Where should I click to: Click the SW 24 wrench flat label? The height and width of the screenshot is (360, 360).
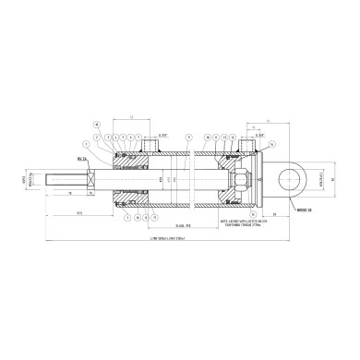83,158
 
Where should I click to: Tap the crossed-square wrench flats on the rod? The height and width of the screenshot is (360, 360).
90,175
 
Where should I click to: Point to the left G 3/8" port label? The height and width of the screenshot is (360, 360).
161,135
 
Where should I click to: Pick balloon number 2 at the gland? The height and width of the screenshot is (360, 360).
107,136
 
